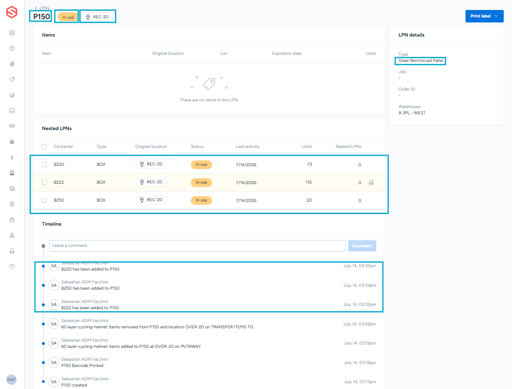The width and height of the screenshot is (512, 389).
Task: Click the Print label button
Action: [484, 16]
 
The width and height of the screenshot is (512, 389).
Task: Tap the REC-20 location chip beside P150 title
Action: [97, 17]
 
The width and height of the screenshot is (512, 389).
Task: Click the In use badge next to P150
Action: [68, 17]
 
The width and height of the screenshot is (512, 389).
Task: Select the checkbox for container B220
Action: [44, 165]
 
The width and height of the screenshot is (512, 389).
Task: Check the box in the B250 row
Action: [44, 200]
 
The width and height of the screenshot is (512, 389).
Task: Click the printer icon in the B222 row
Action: [371, 182]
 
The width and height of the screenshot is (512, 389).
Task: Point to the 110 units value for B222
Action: [308, 182]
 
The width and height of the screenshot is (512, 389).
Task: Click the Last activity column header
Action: [247, 146]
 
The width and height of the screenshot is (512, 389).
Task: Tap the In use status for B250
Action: [201, 200]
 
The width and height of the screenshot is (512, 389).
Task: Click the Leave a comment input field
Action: [197, 246]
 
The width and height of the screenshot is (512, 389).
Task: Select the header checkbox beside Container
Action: [44, 147]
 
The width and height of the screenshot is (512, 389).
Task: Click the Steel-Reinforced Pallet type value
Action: [421, 61]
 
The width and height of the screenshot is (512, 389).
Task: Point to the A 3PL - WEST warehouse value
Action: [412, 113]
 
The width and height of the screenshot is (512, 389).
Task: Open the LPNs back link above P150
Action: [42, 8]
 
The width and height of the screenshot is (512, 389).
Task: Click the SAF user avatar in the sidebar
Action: [11, 379]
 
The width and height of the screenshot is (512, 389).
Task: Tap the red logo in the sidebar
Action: [12, 12]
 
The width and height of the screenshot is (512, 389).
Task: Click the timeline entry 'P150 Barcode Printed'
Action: [82, 365]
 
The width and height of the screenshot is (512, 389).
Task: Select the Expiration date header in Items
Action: [287, 53]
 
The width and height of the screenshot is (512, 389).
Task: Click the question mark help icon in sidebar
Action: [12, 266]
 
